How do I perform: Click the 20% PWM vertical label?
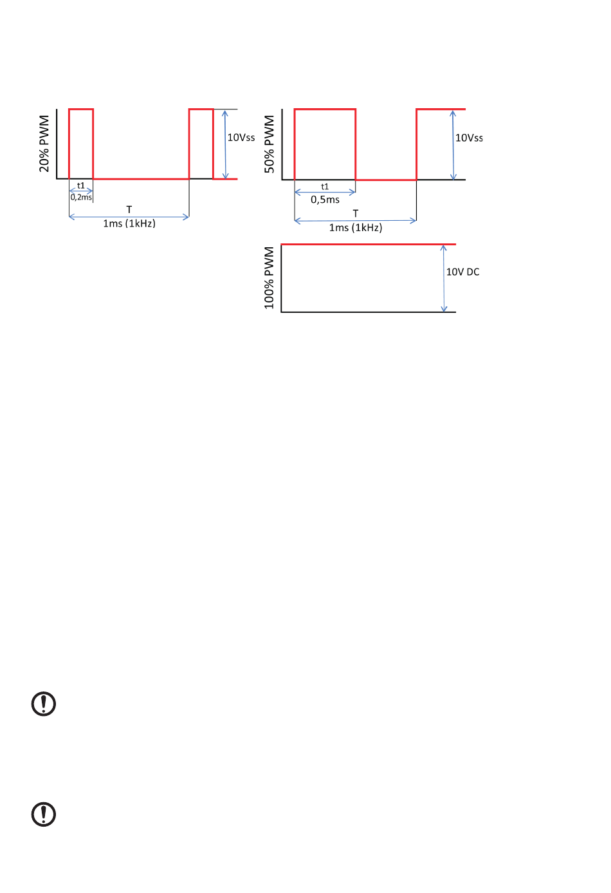pyautogui.click(x=44, y=144)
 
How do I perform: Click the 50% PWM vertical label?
pyautogui.click(x=269, y=144)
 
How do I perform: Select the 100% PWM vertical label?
pyautogui.click(x=269, y=277)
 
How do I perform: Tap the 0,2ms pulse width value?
pyautogui.click(x=81, y=198)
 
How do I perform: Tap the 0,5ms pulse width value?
pyautogui.click(x=325, y=200)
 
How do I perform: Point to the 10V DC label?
pyautogui.click(x=462, y=272)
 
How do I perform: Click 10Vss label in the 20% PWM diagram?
pyautogui.click(x=241, y=137)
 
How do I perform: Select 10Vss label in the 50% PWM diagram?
pyautogui.click(x=469, y=138)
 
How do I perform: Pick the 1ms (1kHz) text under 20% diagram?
pyautogui.click(x=129, y=223)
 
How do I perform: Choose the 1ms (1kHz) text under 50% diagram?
pyautogui.click(x=356, y=227)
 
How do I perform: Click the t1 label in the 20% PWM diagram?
pyautogui.click(x=81, y=185)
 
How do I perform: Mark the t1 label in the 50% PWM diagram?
pyautogui.click(x=325, y=187)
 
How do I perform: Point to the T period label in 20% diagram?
pyautogui.click(x=129, y=209)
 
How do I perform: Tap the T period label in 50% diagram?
pyautogui.click(x=356, y=213)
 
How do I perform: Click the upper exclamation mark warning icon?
pyautogui.click(x=44, y=704)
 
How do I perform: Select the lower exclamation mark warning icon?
pyautogui.click(x=44, y=814)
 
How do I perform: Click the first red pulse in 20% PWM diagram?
pyautogui.click(x=81, y=110)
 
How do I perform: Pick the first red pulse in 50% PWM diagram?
pyautogui.click(x=325, y=110)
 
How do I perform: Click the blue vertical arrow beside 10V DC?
pyautogui.click(x=444, y=278)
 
